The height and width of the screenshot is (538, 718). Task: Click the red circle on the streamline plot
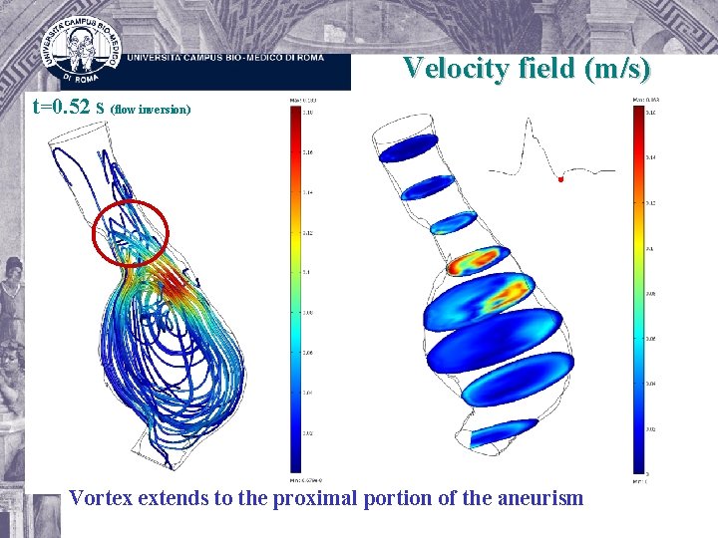[x=130, y=233]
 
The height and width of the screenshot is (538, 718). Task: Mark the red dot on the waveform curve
[x=560, y=180]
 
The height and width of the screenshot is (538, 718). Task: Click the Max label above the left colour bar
[x=297, y=101]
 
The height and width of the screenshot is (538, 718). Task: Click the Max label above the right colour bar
[x=645, y=101]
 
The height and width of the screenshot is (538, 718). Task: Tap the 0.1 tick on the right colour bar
[x=649, y=248]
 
